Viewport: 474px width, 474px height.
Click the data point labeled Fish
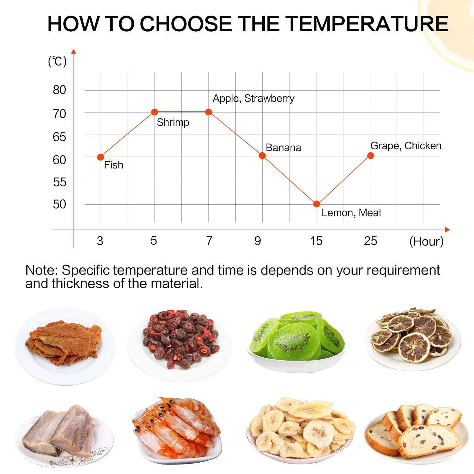[100, 157]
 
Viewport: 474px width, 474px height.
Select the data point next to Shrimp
[155, 112]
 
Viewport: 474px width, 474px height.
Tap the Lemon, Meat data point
[317, 204]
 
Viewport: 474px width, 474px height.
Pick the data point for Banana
[262, 155]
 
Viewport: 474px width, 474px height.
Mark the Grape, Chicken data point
[371, 155]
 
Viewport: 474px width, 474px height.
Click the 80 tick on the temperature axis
[59, 90]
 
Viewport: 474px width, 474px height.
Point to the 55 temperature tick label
[59, 182]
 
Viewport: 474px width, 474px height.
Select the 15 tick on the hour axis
[316, 241]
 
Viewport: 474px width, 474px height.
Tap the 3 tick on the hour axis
[100, 241]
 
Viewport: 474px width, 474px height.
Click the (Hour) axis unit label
[426, 242]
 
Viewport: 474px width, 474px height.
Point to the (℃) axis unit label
[57, 61]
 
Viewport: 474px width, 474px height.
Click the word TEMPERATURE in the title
[367, 24]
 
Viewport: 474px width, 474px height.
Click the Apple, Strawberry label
[253, 99]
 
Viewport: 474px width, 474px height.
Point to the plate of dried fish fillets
[63, 434]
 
